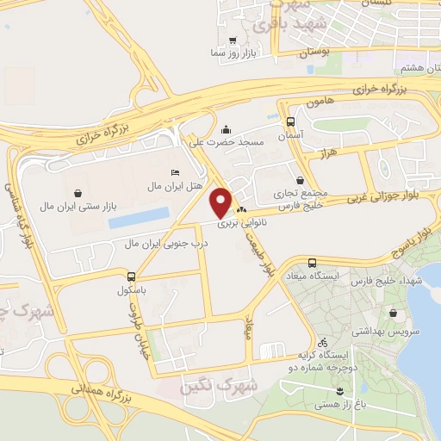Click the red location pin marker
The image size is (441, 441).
click(x=221, y=202)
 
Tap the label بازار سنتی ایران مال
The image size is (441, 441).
click(x=79, y=207)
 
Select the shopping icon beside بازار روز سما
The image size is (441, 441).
click(x=233, y=40)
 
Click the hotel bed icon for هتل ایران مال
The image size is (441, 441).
click(x=176, y=172)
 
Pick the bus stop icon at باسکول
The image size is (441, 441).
click(x=131, y=276)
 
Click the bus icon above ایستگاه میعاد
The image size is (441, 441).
click(x=311, y=263)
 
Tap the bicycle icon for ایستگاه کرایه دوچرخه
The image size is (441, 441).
click(x=321, y=340)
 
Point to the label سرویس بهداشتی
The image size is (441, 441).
click(x=395, y=331)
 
